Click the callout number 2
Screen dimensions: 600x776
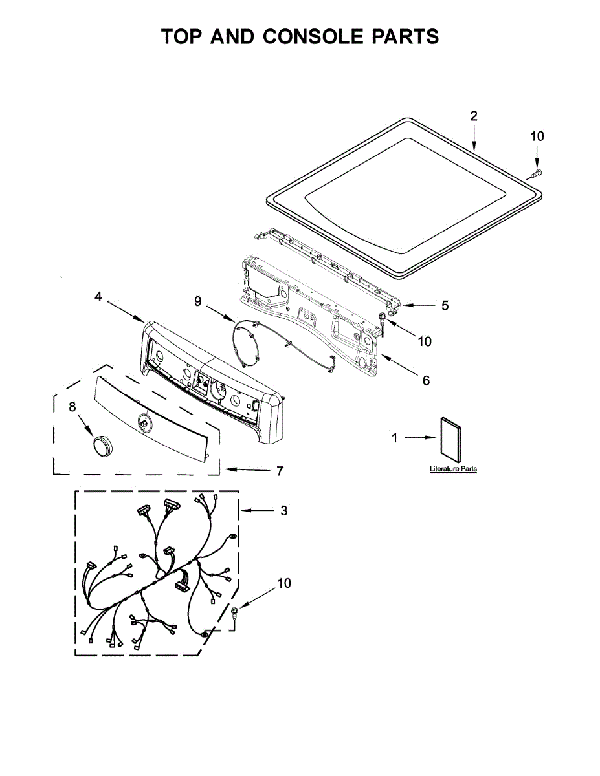pyautogui.click(x=474, y=116)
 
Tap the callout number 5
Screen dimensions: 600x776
pyautogui.click(x=445, y=305)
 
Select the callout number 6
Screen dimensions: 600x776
pyautogui.click(x=426, y=381)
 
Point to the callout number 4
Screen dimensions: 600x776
pyautogui.click(x=98, y=297)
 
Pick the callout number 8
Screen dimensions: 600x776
pyautogui.click(x=72, y=406)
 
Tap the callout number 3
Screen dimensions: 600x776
pyautogui.click(x=283, y=511)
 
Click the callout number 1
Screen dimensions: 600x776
pyautogui.click(x=394, y=438)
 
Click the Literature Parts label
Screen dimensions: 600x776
pyautogui.click(x=453, y=469)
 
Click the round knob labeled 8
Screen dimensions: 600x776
pyautogui.click(x=102, y=446)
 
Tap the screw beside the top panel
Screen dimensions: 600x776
pyautogui.click(x=537, y=172)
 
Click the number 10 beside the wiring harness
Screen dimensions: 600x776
pyautogui.click(x=283, y=583)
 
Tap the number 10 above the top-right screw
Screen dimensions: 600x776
pyautogui.click(x=537, y=136)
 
